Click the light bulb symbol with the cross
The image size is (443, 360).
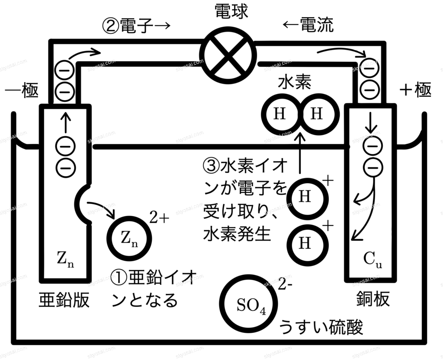[x=228, y=55]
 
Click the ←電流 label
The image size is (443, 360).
[x=308, y=25]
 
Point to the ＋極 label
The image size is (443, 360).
[x=416, y=90]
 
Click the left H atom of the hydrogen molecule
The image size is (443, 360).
[x=281, y=115]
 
